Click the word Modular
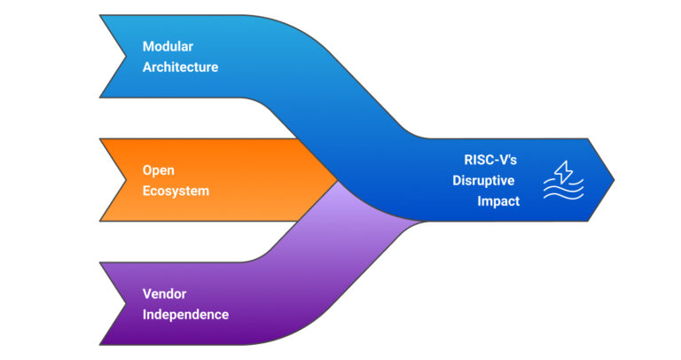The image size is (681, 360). pos(168,47)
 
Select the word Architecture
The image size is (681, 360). pos(180,67)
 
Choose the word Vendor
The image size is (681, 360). pos(163,294)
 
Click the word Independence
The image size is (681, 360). pos(185,314)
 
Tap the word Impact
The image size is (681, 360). pos(498,200)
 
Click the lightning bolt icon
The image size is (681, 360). pos(562,171)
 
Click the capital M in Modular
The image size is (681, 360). pos(148,47)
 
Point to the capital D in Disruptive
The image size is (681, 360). pos(458,181)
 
